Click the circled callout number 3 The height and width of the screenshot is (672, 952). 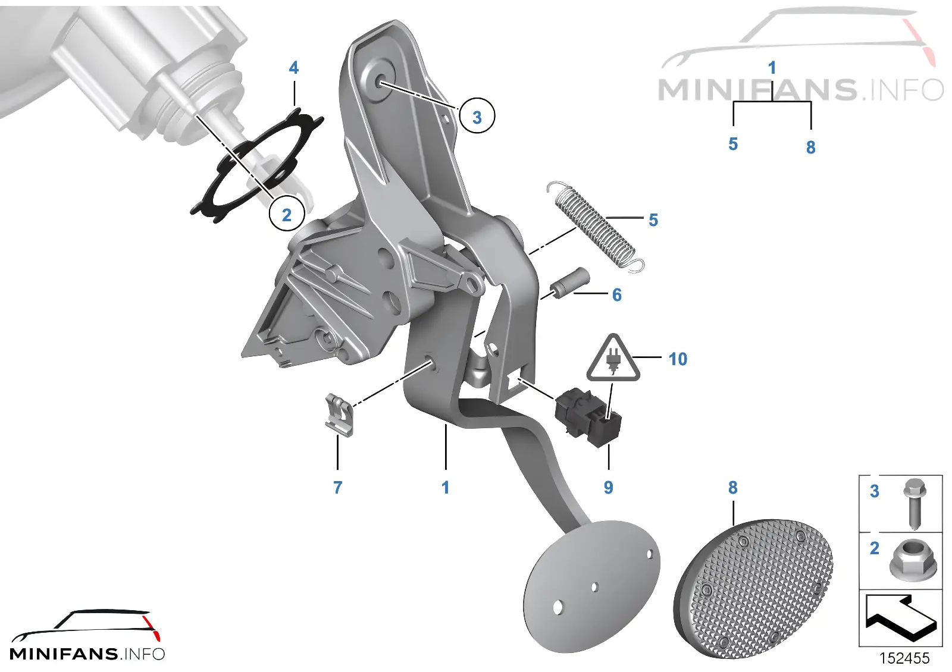(x=477, y=115)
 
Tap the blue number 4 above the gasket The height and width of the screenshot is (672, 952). (x=294, y=68)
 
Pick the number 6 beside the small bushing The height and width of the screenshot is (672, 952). (x=617, y=294)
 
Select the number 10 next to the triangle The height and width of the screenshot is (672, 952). (x=678, y=359)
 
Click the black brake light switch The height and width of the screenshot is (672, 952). (x=588, y=417)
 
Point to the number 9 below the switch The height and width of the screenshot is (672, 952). (x=608, y=487)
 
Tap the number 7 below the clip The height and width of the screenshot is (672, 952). (x=337, y=487)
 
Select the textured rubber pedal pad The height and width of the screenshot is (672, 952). (x=753, y=588)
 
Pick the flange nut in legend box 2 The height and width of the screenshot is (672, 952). (x=913, y=558)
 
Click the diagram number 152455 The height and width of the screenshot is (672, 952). (x=904, y=658)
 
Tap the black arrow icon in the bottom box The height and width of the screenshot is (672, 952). (x=901, y=616)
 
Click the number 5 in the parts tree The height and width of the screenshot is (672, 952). (x=732, y=144)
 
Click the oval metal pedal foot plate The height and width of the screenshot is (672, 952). (x=591, y=586)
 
